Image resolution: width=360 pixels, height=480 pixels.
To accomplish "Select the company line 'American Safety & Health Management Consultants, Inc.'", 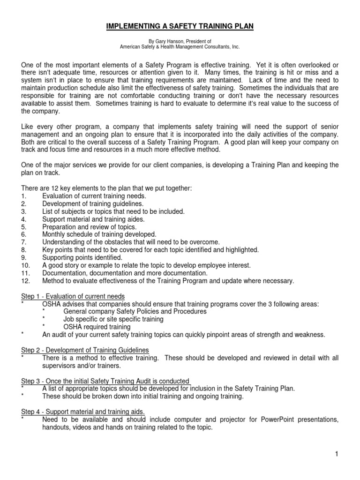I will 180,47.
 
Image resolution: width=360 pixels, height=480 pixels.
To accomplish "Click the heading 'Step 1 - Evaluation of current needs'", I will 73,296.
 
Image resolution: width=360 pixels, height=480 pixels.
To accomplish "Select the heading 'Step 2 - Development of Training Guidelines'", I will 85,350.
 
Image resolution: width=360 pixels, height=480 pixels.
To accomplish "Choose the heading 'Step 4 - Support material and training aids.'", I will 83,411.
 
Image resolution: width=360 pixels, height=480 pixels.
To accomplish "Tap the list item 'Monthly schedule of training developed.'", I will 99,234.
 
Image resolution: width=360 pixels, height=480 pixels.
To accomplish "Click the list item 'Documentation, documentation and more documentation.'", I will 124,273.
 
